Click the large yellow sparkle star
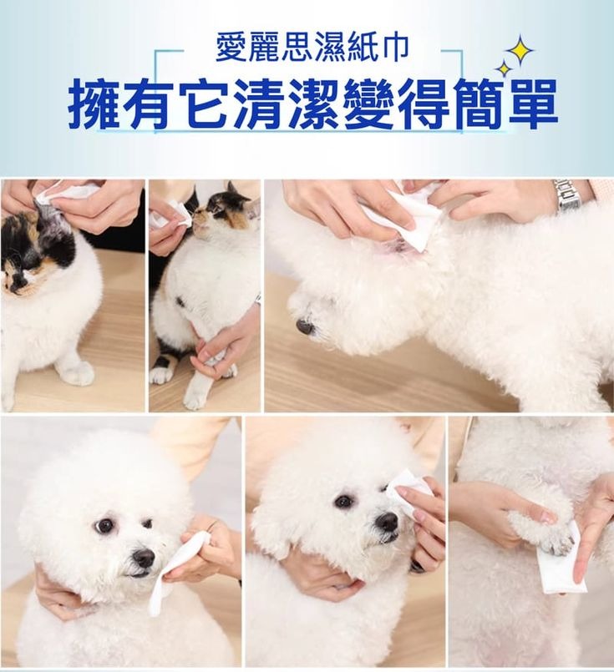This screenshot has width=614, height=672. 520,51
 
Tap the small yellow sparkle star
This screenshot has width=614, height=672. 505,68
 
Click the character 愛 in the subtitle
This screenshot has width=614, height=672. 231,48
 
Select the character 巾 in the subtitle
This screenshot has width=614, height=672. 393,48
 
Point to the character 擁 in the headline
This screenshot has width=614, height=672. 93,104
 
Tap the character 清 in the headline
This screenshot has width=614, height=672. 258,104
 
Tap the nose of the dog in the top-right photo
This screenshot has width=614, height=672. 305,326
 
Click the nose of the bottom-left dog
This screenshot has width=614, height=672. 144,558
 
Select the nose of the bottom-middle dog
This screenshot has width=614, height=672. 387,522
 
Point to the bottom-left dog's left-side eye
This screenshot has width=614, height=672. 104,524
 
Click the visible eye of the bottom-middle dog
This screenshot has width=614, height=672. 343,501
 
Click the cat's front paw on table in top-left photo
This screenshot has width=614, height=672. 77,373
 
